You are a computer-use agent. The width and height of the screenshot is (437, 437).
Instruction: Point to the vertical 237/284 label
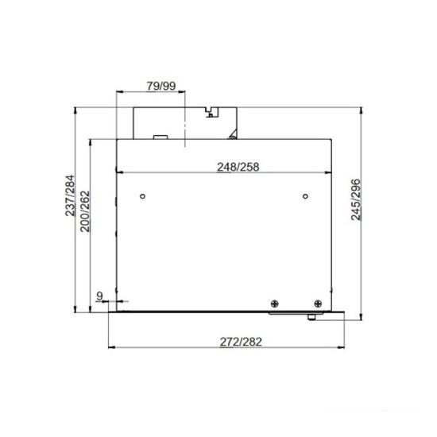pyautogui.click(x=70, y=195)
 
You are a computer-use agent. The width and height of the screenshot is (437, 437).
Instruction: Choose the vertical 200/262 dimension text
pyautogui.click(x=85, y=211)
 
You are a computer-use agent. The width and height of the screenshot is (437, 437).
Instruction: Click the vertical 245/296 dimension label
pyautogui.click(x=356, y=199)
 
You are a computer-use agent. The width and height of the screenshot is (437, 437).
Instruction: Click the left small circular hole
pyautogui.click(x=141, y=195)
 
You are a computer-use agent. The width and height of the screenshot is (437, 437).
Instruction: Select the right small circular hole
pyautogui.click(x=305, y=195)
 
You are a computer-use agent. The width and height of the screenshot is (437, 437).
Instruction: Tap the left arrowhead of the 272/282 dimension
pyautogui.click(x=110, y=348)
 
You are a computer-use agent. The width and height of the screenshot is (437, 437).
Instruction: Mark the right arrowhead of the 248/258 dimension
pyautogui.click(x=329, y=172)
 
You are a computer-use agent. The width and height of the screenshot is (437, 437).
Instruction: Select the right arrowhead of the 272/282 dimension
pyautogui.click(x=344, y=348)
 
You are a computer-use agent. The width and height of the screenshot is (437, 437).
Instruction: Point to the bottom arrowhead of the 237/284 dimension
pyautogui.click(x=75, y=310)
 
